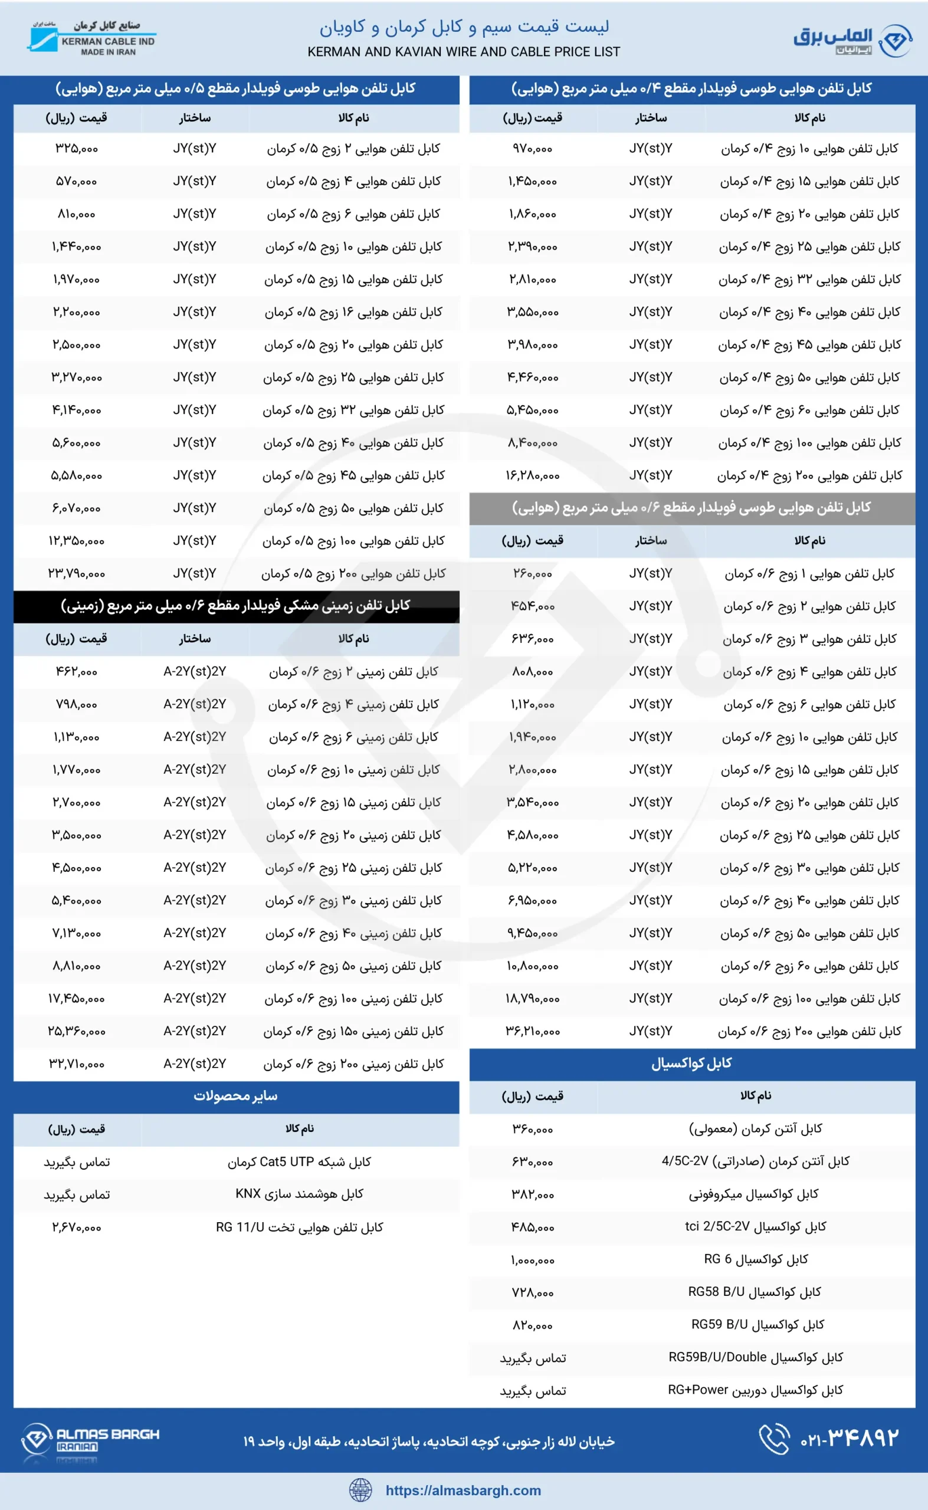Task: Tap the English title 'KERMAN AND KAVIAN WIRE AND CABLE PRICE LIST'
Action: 463,52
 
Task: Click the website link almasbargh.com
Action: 463,1491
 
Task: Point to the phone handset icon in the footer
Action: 774,1439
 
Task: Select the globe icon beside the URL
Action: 360,1490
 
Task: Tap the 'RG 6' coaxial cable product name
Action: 756,1259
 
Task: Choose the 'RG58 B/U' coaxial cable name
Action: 755,1292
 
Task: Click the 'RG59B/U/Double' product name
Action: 756,1357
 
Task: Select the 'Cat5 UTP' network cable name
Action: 299,1161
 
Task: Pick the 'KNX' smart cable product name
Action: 299,1194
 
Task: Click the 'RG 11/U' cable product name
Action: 299,1227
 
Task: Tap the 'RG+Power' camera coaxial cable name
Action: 756,1390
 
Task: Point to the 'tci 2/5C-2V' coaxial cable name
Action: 756,1226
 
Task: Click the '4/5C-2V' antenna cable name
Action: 756,1161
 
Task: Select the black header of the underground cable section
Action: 237,606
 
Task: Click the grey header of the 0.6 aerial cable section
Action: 691,508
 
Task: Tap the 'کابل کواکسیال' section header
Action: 691,1063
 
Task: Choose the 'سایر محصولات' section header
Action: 237,1097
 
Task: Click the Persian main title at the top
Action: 463,27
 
